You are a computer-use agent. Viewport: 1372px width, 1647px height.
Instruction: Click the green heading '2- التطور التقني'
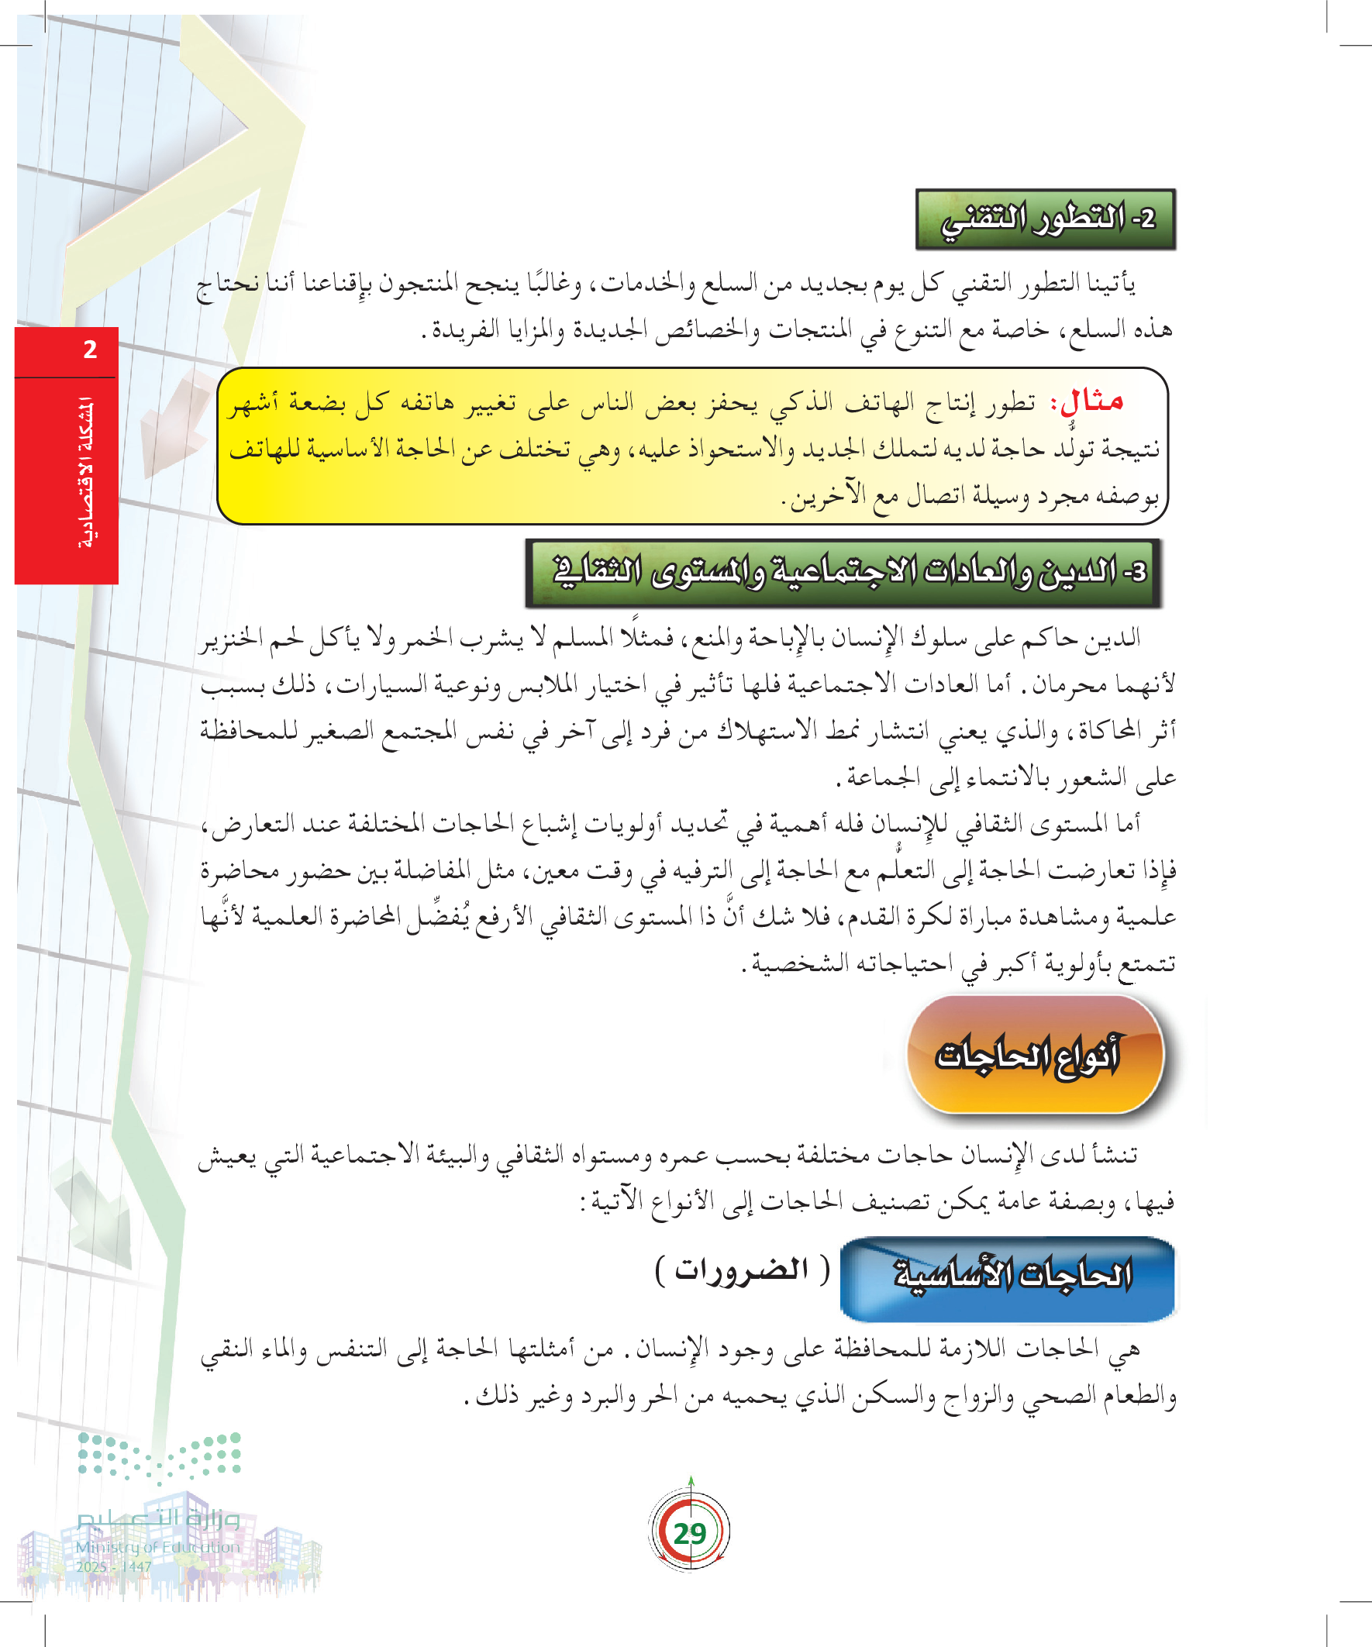1046,219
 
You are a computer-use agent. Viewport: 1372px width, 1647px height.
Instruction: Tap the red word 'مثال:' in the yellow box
1091,402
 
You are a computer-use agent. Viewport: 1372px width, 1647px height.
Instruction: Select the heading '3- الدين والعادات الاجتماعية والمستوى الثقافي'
843,572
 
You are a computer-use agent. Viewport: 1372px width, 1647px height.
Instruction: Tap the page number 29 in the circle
690,1532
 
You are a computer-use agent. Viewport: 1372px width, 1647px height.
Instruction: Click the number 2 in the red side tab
90,350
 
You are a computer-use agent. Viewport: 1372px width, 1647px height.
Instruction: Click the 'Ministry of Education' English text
157,1547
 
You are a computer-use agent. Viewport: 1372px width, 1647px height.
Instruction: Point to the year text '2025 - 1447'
114,1567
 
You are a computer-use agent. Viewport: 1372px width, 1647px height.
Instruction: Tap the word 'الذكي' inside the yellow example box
789,403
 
